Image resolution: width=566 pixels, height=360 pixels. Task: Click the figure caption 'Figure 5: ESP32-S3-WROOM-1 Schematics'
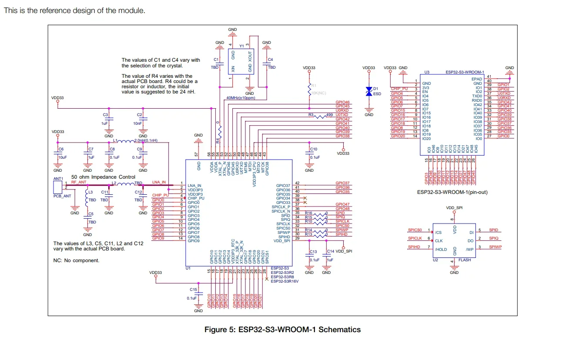(x=282, y=330)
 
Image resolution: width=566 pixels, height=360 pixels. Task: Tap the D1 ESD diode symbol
(x=368, y=91)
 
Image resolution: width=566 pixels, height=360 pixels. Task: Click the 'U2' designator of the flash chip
(x=435, y=260)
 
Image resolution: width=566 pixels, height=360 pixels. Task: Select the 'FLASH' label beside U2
(x=465, y=260)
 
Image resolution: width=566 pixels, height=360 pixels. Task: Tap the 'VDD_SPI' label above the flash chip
(x=454, y=208)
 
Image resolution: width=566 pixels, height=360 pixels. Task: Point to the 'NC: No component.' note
(x=76, y=260)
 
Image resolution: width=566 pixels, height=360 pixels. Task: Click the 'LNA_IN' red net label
(x=159, y=182)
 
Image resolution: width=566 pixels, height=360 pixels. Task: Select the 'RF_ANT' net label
(x=79, y=183)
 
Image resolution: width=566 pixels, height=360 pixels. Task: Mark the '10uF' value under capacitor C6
(x=62, y=157)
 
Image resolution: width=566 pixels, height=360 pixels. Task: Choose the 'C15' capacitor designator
(x=193, y=289)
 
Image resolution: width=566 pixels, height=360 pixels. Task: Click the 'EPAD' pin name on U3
(x=476, y=79)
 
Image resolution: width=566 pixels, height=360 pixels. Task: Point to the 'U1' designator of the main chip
(x=188, y=268)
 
